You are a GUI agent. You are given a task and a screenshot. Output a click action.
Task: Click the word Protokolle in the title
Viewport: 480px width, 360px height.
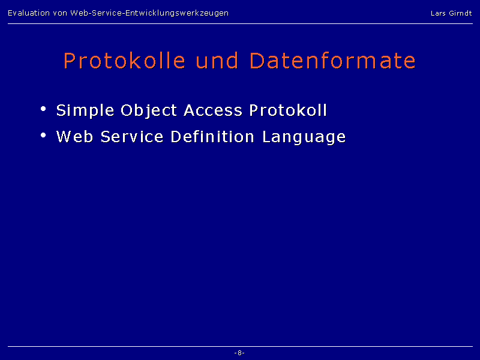tap(125, 61)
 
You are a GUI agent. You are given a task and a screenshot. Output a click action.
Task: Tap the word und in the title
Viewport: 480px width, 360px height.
tap(217, 61)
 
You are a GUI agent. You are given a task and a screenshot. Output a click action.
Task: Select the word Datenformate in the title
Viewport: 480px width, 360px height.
tap(333, 61)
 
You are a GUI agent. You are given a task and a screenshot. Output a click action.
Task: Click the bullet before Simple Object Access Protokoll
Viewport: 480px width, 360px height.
tap(43, 109)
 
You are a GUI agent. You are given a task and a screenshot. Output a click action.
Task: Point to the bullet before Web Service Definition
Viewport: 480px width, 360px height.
tap(43, 135)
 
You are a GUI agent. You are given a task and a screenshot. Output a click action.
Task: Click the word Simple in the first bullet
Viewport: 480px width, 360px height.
tap(85, 111)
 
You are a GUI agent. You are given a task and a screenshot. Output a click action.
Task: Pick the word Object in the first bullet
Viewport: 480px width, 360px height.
tap(149, 111)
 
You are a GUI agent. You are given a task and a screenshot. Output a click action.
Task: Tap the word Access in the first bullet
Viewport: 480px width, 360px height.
tap(213, 110)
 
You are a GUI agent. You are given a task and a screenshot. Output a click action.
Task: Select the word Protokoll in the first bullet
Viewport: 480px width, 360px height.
tap(288, 110)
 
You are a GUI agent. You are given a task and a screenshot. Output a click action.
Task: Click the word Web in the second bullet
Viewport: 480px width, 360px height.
tap(75, 137)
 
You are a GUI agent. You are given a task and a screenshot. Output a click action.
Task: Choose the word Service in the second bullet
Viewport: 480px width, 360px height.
tap(132, 137)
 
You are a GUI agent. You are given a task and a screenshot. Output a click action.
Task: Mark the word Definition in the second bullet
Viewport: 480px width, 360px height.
tap(212, 137)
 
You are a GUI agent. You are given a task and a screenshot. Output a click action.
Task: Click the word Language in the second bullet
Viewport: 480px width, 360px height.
tap(304, 137)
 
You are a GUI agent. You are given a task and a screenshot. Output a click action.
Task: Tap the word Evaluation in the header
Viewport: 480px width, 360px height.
tap(29, 13)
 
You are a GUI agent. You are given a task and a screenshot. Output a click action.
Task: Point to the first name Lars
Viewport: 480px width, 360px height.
tap(438, 13)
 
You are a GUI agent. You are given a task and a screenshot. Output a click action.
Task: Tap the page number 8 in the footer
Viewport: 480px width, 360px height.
tap(239, 353)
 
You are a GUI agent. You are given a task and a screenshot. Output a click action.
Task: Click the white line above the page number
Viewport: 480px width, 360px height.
tap(241, 347)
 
